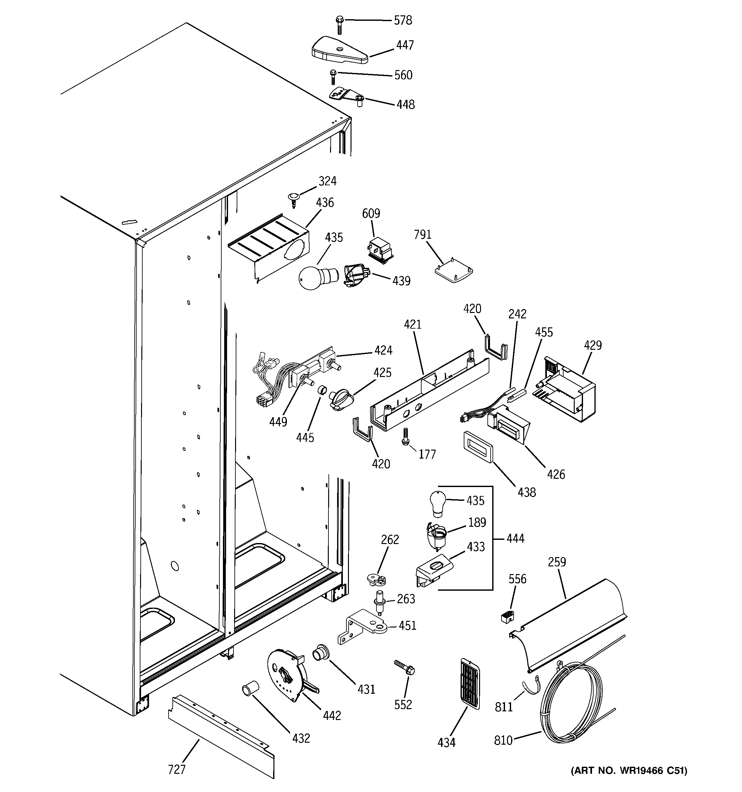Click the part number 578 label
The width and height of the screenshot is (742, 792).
pos(403,20)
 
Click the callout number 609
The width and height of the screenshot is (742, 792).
pos(371,213)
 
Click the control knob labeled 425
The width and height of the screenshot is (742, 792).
pos(340,399)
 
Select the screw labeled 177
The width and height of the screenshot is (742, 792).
pos(406,436)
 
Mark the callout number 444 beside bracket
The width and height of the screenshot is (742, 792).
pos(515,538)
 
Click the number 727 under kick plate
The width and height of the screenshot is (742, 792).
pos(177,769)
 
